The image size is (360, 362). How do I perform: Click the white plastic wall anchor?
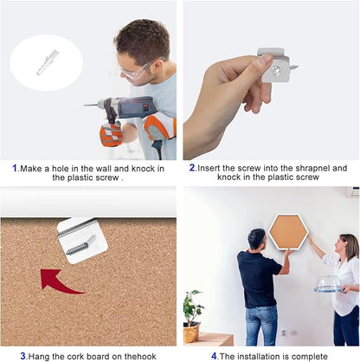pos(48,62)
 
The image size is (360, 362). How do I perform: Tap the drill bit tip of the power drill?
pos(85,106)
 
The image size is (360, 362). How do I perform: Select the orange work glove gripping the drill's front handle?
pos(111,133)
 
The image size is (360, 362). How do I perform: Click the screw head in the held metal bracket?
pos(276,69)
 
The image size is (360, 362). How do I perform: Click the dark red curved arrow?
pos(59,281)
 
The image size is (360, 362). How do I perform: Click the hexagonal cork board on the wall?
pos(288,231)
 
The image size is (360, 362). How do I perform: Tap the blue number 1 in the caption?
pos(15,168)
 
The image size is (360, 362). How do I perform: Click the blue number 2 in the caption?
pos(192,167)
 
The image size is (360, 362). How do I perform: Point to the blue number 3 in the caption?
pos(22,356)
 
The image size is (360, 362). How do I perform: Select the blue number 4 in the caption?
pos(214,356)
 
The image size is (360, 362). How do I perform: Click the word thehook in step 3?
pos(140,356)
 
